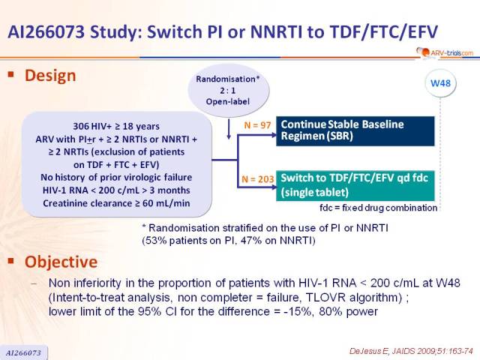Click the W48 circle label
440,83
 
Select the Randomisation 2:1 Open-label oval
228,90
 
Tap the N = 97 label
257,125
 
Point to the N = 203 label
258,178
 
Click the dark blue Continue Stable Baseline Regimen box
355,130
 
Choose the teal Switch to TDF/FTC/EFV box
355,185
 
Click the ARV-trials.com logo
445,52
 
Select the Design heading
50,75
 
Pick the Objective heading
61,262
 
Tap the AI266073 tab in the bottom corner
23,352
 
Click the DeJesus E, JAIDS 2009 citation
411,351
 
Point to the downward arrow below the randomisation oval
228,129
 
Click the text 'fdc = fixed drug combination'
378,208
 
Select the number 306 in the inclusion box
81,126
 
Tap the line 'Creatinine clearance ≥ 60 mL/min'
116,203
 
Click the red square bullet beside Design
11,74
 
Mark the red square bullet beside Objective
11,260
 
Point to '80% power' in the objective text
348,312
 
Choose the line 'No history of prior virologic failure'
116,178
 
